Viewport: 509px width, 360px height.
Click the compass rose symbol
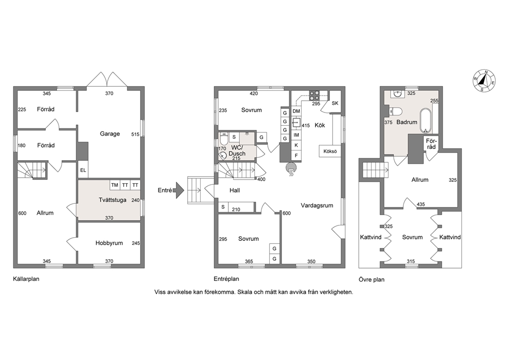point(484,81)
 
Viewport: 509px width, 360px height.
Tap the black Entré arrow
point(179,190)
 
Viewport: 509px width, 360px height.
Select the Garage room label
point(110,134)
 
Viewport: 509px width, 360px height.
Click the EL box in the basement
point(83,169)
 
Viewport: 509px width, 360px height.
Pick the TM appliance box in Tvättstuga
point(114,185)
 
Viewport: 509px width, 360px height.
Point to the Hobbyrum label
point(109,243)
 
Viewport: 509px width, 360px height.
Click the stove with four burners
point(314,96)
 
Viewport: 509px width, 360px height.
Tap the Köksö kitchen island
point(330,151)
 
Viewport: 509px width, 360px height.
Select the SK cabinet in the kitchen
point(335,103)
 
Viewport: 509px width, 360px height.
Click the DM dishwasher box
point(296,111)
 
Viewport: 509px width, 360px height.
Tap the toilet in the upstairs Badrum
point(396,111)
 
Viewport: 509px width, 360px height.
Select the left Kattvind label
point(370,237)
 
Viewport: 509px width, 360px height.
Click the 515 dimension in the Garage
point(135,134)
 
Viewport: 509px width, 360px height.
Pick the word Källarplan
point(26,279)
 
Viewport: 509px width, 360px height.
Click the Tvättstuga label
point(112,200)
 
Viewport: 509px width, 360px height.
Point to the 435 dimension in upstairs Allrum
point(421,204)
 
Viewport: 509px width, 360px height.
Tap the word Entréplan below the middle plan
point(226,279)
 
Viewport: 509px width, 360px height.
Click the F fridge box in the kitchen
point(296,156)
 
